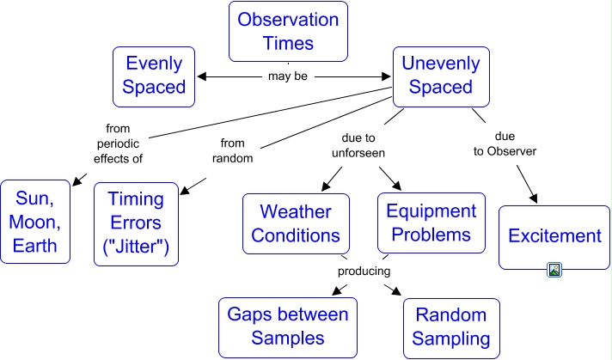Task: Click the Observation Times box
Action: pos(288,31)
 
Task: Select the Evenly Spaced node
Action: pos(155,75)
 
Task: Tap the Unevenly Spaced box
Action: pos(440,75)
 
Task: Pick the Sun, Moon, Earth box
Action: pos(35,222)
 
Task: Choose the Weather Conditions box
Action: pos(296,223)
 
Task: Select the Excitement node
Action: pos(554,236)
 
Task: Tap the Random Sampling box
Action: pos(449,326)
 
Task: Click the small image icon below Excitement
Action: pos(554,270)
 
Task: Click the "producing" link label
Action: pos(364,271)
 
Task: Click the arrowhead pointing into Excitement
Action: pos(534,199)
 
